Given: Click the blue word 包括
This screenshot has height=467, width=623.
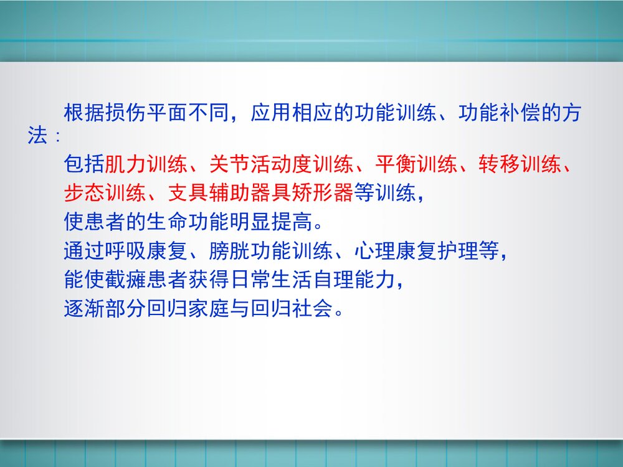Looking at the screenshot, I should point(84,164).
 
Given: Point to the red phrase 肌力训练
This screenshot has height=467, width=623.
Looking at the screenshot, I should point(146,164).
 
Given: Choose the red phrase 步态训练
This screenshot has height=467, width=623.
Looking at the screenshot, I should point(105,192).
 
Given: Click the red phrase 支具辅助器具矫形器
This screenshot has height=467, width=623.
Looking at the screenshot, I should point(261,192).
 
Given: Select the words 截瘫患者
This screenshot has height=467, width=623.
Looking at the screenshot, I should point(146,280).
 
